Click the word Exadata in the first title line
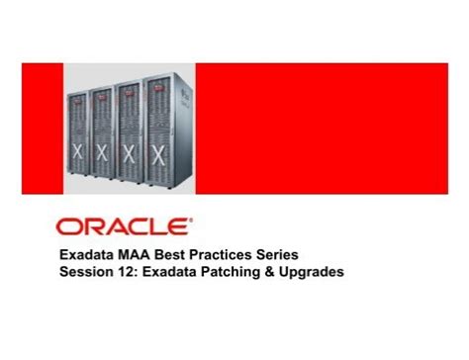pyautogui.click(x=84, y=252)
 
